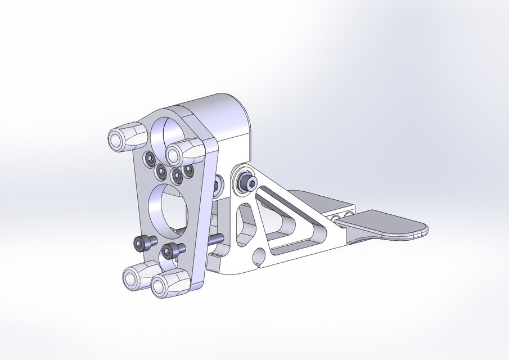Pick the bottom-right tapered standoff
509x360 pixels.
[x=168, y=283]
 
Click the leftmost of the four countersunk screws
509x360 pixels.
[x=150, y=160]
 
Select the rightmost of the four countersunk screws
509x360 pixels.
[x=189, y=169]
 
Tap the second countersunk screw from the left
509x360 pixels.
[x=161, y=170]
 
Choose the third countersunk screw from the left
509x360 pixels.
[x=177, y=176]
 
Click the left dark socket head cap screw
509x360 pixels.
[x=144, y=242]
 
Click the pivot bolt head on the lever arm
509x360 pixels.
[x=247, y=181]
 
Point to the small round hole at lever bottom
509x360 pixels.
[x=259, y=256]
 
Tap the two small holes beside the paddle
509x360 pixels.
[x=342, y=217]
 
